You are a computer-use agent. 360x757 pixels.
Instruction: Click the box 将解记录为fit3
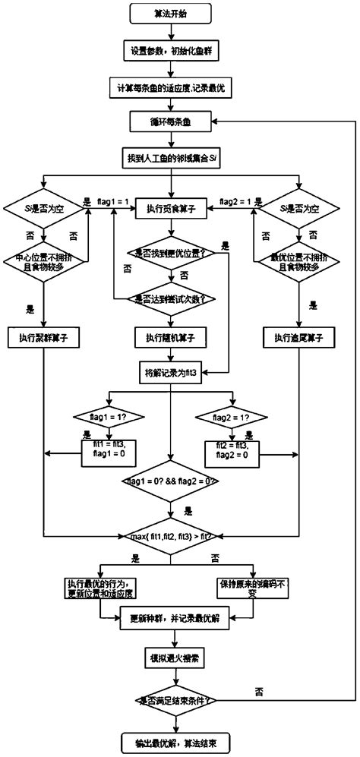pos(171,373)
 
